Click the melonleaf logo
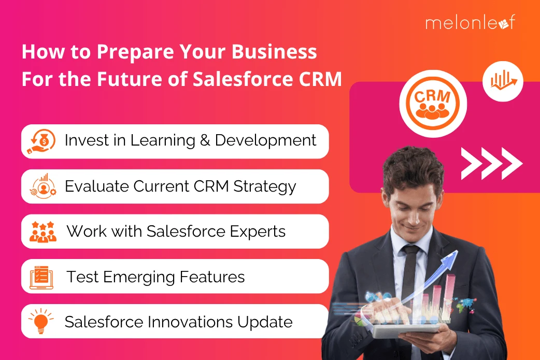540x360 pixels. click(x=471, y=22)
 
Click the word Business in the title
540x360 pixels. click(x=274, y=52)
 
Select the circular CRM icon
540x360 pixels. click(x=433, y=104)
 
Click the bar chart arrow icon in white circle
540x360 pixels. click(x=503, y=81)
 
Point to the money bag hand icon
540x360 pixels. click(x=41, y=141)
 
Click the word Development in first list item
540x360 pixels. click(x=265, y=140)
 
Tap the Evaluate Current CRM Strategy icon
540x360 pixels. click(x=43, y=186)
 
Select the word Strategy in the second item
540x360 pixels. click(x=265, y=186)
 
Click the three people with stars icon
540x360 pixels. click(x=42, y=232)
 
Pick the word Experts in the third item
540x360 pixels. click(x=258, y=232)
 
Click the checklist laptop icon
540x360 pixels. click(x=41, y=278)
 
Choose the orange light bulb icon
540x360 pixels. click(x=41, y=321)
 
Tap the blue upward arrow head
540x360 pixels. click(x=451, y=256)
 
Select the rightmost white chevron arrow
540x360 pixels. click(x=512, y=164)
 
